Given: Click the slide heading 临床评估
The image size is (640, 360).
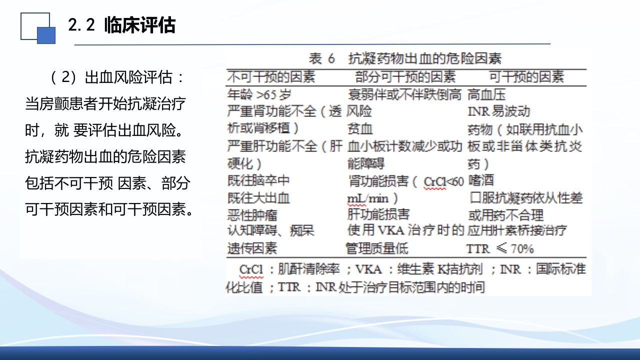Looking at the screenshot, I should click(139, 25).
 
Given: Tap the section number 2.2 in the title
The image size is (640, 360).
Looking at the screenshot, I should click(81, 25).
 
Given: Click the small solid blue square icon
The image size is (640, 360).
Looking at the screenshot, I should click(46, 35).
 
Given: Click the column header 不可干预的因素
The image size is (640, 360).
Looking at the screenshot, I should click(271, 77).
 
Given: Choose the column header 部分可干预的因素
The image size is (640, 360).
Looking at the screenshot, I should click(405, 77).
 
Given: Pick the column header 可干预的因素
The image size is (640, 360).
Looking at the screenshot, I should click(526, 77).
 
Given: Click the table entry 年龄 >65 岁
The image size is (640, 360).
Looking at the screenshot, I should click(258, 94).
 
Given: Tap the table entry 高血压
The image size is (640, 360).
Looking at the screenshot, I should click(486, 94).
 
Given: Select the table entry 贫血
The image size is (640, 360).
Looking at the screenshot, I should click(360, 129).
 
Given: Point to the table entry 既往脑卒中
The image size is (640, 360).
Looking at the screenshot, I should click(258, 180).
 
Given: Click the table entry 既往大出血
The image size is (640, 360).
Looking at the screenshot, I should click(258, 198).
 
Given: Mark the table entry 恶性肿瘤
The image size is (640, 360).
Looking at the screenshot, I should click(252, 215).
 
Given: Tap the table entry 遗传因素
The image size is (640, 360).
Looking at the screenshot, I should click(252, 248).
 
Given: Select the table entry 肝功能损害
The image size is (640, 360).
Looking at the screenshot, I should click(378, 214).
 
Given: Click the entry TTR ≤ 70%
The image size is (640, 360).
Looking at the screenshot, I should click(500, 248).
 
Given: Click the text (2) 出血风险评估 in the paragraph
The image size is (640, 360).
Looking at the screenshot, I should click(117, 77).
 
